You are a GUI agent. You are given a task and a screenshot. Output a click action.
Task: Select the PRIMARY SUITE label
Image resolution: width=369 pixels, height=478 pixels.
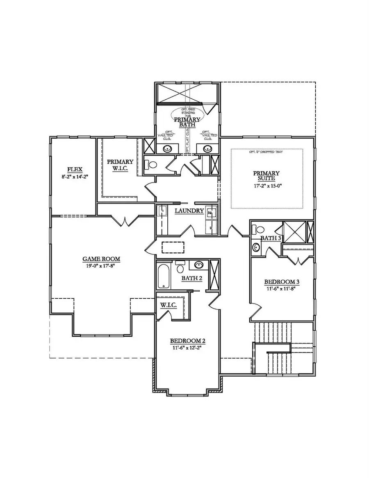[266, 176]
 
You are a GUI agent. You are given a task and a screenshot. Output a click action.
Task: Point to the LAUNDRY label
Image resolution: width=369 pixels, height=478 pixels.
[189, 211]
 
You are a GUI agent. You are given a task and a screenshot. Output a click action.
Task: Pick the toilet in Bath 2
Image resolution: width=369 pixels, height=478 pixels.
[180, 268]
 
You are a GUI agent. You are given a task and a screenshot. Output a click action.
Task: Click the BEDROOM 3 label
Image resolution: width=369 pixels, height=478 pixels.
[282, 282]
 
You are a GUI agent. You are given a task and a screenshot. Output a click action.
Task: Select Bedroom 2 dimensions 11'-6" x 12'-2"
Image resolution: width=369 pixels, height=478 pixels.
[187, 348]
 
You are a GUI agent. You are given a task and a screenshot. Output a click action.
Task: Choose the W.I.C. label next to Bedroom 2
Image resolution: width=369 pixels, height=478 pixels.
[169, 305]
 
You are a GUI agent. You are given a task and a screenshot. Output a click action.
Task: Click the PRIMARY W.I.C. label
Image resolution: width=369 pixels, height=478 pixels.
[120, 165]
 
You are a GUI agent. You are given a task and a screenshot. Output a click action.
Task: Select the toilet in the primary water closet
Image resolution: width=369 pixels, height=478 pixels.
[151, 165]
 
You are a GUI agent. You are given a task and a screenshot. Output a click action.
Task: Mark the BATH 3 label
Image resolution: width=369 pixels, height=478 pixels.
[270, 238]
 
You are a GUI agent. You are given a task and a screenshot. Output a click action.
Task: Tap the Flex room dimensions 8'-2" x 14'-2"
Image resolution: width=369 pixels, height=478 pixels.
[74, 176]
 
